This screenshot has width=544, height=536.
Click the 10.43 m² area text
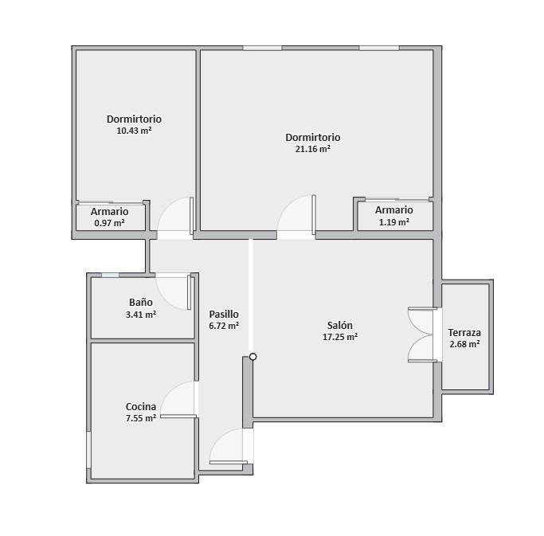point(134,131)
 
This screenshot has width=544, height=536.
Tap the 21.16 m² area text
point(312,149)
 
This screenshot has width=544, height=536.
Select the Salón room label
point(340,326)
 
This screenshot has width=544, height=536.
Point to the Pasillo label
point(224,315)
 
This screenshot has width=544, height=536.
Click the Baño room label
point(141,302)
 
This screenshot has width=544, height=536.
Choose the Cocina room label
point(141,407)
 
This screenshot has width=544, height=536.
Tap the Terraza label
point(464,333)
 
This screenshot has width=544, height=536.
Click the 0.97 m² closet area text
point(110,223)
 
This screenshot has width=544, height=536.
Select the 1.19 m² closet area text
point(393,222)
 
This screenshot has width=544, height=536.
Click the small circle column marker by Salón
point(253,357)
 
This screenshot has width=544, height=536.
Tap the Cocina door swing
point(178,399)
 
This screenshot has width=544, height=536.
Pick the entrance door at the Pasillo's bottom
point(229,446)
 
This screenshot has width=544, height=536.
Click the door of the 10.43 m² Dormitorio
point(175,216)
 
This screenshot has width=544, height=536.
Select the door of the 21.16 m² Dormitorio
point(296,214)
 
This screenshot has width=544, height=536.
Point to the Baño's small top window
point(110,275)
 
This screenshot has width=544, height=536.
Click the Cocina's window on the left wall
point(89,450)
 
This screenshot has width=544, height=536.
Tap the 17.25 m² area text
point(340,337)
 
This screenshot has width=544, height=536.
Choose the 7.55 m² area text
point(141,418)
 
